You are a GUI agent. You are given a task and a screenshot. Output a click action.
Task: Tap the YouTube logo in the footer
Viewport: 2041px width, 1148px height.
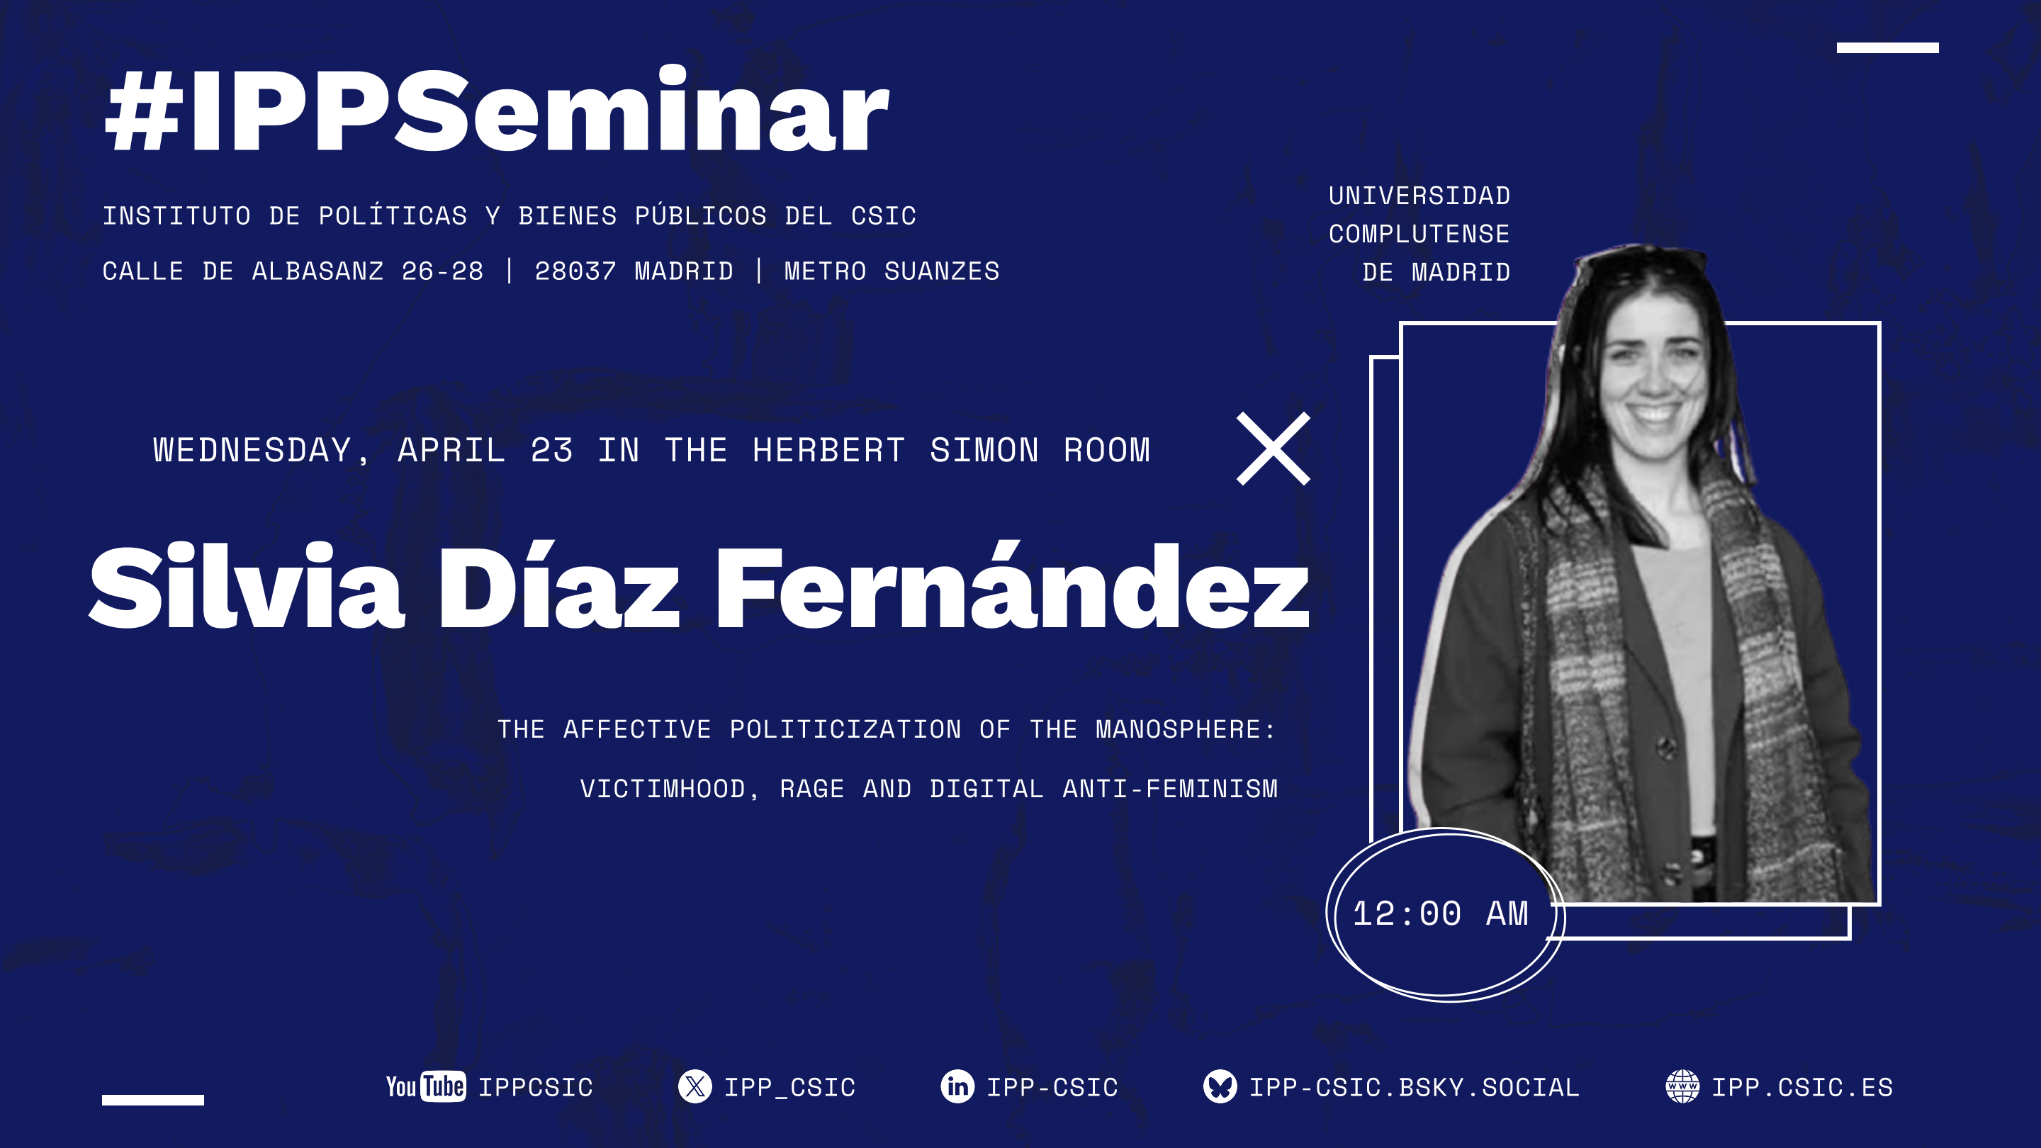(x=425, y=1086)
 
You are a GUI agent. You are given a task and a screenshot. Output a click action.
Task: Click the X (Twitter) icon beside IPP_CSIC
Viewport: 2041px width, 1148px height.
(x=695, y=1086)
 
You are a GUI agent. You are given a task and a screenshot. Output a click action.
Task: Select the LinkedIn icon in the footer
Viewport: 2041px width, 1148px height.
(x=957, y=1086)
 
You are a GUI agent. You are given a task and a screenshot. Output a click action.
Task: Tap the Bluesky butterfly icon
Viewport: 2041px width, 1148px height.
(x=1220, y=1086)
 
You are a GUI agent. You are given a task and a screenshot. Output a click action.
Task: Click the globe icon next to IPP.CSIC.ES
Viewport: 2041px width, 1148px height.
(x=1682, y=1086)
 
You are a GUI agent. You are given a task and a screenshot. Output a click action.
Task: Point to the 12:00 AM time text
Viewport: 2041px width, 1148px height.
(x=1439, y=913)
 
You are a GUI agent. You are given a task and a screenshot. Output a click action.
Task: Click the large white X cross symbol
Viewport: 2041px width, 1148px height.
(x=1273, y=449)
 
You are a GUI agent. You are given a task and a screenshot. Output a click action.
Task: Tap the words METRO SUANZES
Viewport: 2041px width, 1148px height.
(x=892, y=271)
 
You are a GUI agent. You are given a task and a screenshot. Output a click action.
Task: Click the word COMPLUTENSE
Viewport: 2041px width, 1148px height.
(x=1419, y=234)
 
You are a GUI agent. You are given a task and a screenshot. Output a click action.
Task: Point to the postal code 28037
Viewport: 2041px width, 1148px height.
(x=575, y=271)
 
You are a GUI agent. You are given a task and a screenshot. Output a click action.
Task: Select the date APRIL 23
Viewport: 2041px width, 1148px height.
(x=485, y=450)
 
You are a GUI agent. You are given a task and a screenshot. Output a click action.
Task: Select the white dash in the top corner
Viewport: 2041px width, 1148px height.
(x=1887, y=47)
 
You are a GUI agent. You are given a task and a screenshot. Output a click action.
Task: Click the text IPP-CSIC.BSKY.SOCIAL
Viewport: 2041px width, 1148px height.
(x=1415, y=1087)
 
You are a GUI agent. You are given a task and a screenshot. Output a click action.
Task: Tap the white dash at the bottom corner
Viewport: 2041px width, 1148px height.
(x=153, y=1100)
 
